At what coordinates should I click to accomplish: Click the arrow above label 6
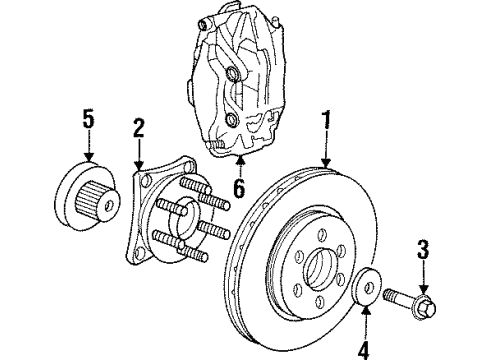pyautogui.click(x=237, y=164)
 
